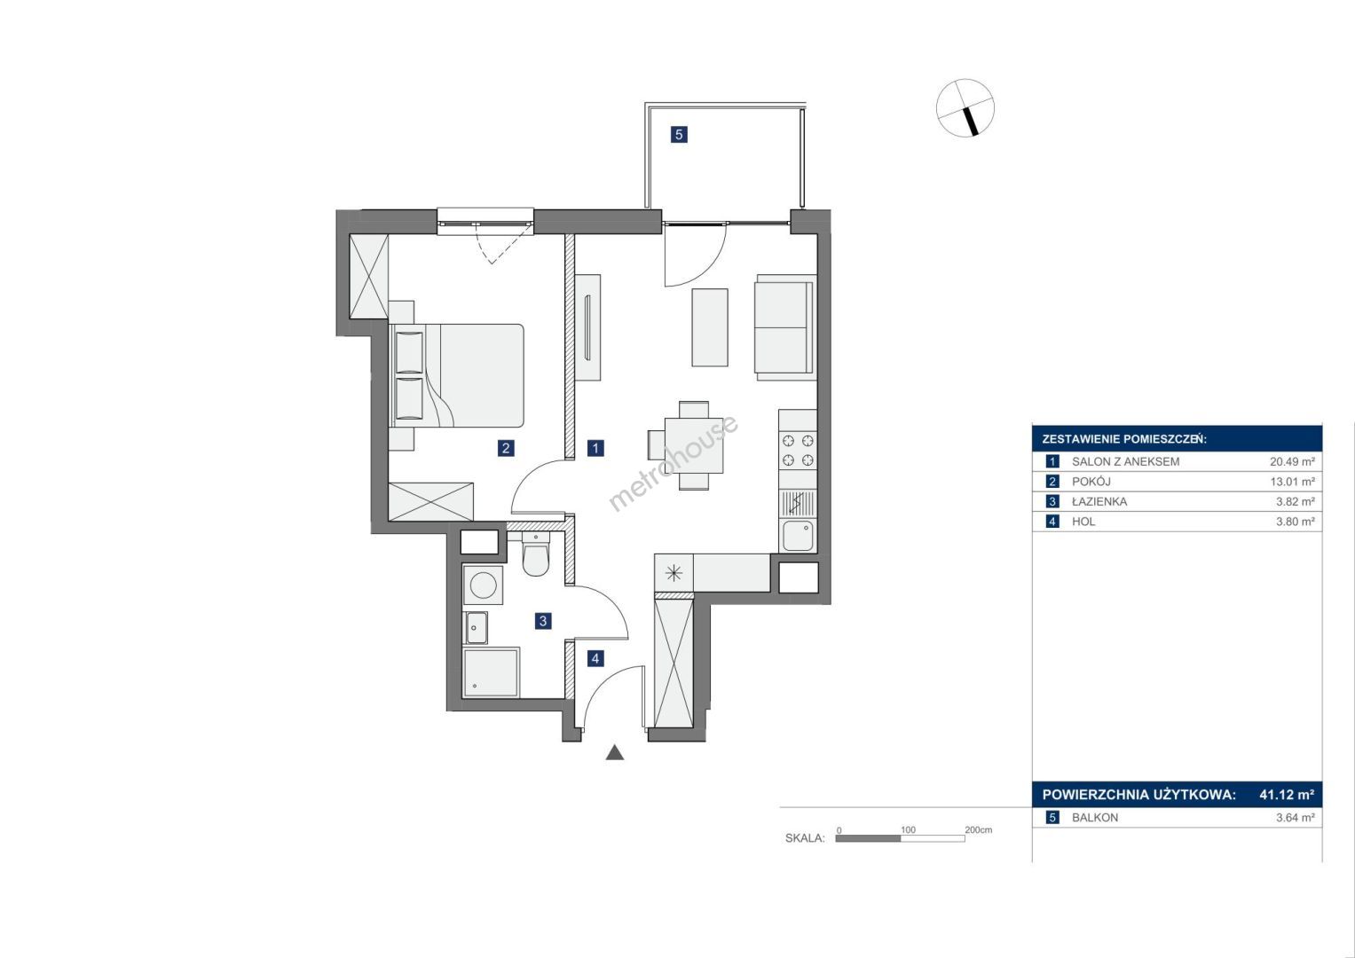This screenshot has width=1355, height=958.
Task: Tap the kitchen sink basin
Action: [x=798, y=536]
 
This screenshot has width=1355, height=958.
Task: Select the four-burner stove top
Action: [x=798, y=451]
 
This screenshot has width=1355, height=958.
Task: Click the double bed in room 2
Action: [x=457, y=375]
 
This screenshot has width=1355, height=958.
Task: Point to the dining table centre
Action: [x=694, y=445]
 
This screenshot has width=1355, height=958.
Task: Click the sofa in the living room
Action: [x=785, y=327]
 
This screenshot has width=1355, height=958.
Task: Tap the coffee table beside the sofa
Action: [x=710, y=327]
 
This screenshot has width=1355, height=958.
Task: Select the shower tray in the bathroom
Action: [x=491, y=672]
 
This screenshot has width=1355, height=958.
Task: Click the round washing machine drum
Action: [x=484, y=585]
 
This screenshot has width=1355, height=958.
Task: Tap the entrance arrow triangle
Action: [x=615, y=752]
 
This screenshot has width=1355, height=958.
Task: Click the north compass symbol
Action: [x=965, y=108]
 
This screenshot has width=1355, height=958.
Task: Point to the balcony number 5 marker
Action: [x=679, y=134]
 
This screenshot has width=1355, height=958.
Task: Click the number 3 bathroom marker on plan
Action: [x=542, y=621]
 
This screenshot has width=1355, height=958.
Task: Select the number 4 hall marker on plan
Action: [x=595, y=658]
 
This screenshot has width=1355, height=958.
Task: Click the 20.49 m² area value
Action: [x=1292, y=461]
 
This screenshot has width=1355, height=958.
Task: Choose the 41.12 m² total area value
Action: [x=1287, y=794]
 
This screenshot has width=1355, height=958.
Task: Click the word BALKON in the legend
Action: [x=1095, y=817]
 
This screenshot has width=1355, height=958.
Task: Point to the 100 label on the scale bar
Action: [x=908, y=829]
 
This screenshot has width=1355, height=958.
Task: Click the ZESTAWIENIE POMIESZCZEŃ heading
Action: [x=1124, y=439]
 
